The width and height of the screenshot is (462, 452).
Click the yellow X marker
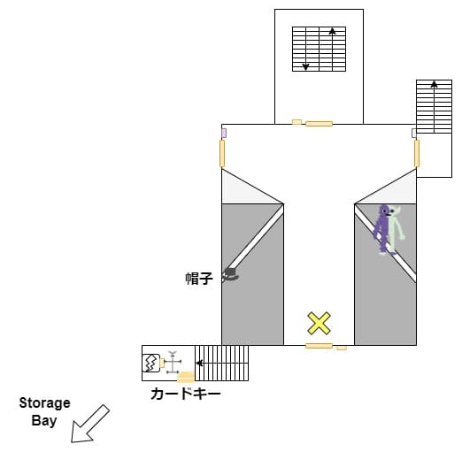click(x=319, y=323)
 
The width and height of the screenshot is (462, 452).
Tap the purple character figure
click(x=382, y=228)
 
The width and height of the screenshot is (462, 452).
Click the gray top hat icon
click(x=230, y=275)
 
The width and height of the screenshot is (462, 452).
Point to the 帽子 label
click(x=199, y=279)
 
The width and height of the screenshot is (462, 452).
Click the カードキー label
click(x=186, y=394)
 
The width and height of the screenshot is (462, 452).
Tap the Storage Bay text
click(x=44, y=412)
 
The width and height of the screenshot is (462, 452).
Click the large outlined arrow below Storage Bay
click(x=90, y=424)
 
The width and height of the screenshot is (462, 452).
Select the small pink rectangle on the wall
click(x=224, y=133)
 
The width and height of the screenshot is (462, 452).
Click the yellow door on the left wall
click(x=222, y=154)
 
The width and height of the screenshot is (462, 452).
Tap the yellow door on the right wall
click(x=417, y=154)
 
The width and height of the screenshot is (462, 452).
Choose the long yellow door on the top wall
click(x=319, y=124)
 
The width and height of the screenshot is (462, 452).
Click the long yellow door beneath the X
click(x=319, y=346)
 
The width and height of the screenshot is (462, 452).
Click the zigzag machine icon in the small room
click(x=151, y=363)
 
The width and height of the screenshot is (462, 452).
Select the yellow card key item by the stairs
click(x=186, y=377)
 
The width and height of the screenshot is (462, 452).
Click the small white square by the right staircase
click(x=414, y=133)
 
